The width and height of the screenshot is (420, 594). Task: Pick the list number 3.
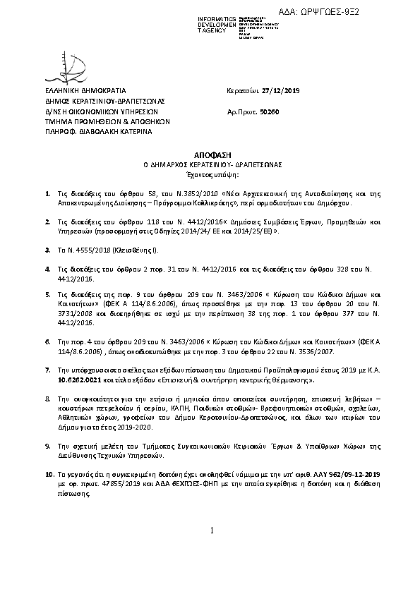coord(47,250)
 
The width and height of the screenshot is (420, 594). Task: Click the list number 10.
coord(49,475)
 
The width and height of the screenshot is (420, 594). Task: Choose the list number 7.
coord(47,370)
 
